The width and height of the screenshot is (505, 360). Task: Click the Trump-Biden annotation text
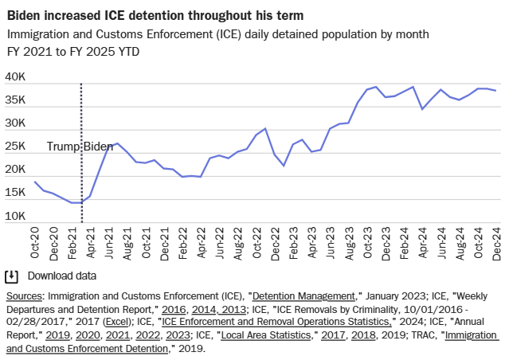[x=80, y=147]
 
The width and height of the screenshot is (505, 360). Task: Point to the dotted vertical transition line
[x=81, y=112]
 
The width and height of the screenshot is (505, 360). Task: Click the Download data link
[x=62, y=276]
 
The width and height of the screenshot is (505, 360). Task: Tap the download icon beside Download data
[x=12, y=276]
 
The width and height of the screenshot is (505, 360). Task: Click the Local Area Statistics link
[x=268, y=335]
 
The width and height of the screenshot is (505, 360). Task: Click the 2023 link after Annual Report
[x=176, y=335]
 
